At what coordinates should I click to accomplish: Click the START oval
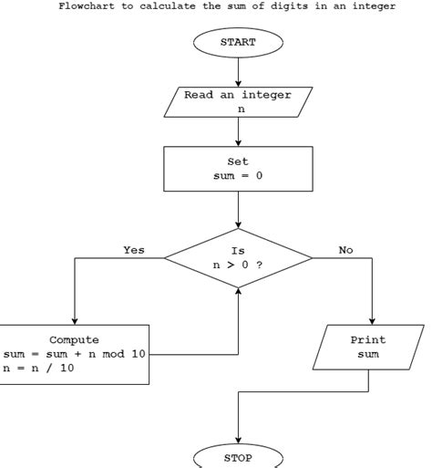point(238,42)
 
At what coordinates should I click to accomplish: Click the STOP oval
point(238,457)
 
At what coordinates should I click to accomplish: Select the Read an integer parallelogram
point(238,101)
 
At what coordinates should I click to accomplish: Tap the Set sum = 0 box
point(238,169)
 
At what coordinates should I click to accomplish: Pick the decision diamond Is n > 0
point(238,258)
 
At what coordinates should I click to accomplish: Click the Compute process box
point(75,353)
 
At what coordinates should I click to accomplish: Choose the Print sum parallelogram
point(368,347)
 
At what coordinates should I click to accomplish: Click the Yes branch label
point(134,250)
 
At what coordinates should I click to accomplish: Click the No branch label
point(345,250)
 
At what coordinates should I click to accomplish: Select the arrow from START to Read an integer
point(238,70)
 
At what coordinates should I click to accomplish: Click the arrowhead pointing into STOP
point(238,439)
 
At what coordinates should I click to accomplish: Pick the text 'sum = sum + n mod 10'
point(75,353)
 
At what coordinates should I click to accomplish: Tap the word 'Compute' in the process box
point(75,339)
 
